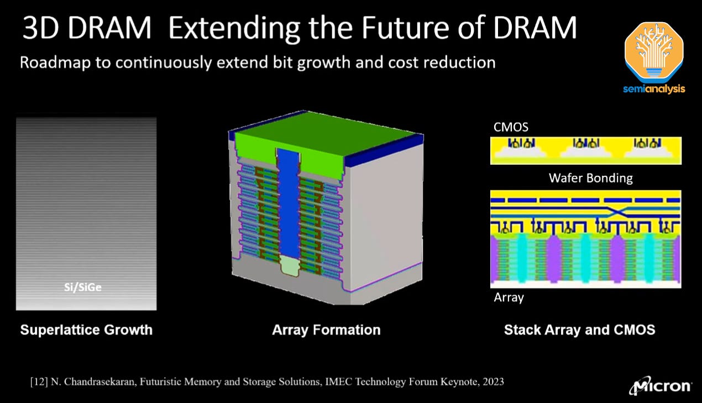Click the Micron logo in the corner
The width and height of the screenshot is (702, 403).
(x=660, y=385)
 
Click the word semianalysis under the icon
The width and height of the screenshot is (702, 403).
(x=654, y=88)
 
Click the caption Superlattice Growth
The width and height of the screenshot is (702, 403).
(x=86, y=330)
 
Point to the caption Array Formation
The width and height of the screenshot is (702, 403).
(x=326, y=330)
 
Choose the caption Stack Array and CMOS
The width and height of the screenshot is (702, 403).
(x=579, y=330)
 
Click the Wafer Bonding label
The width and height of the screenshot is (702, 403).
(x=590, y=178)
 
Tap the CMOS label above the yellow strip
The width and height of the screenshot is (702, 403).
(x=511, y=127)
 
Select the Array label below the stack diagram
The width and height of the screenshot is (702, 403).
(x=508, y=297)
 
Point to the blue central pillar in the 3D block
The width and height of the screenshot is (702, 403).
(x=286, y=205)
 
